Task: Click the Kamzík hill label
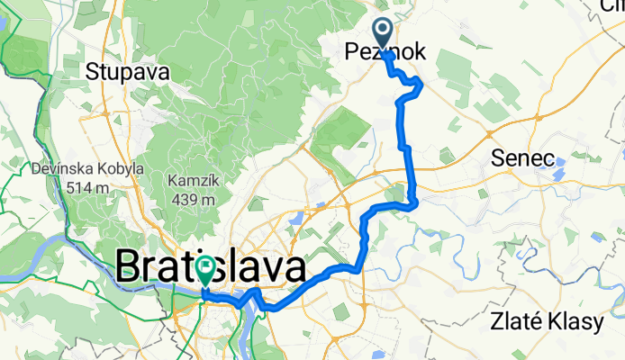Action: click(x=190, y=180)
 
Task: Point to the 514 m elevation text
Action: click(x=87, y=187)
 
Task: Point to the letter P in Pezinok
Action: click(x=352, y=54)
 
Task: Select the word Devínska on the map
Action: click(x=57, y=168)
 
